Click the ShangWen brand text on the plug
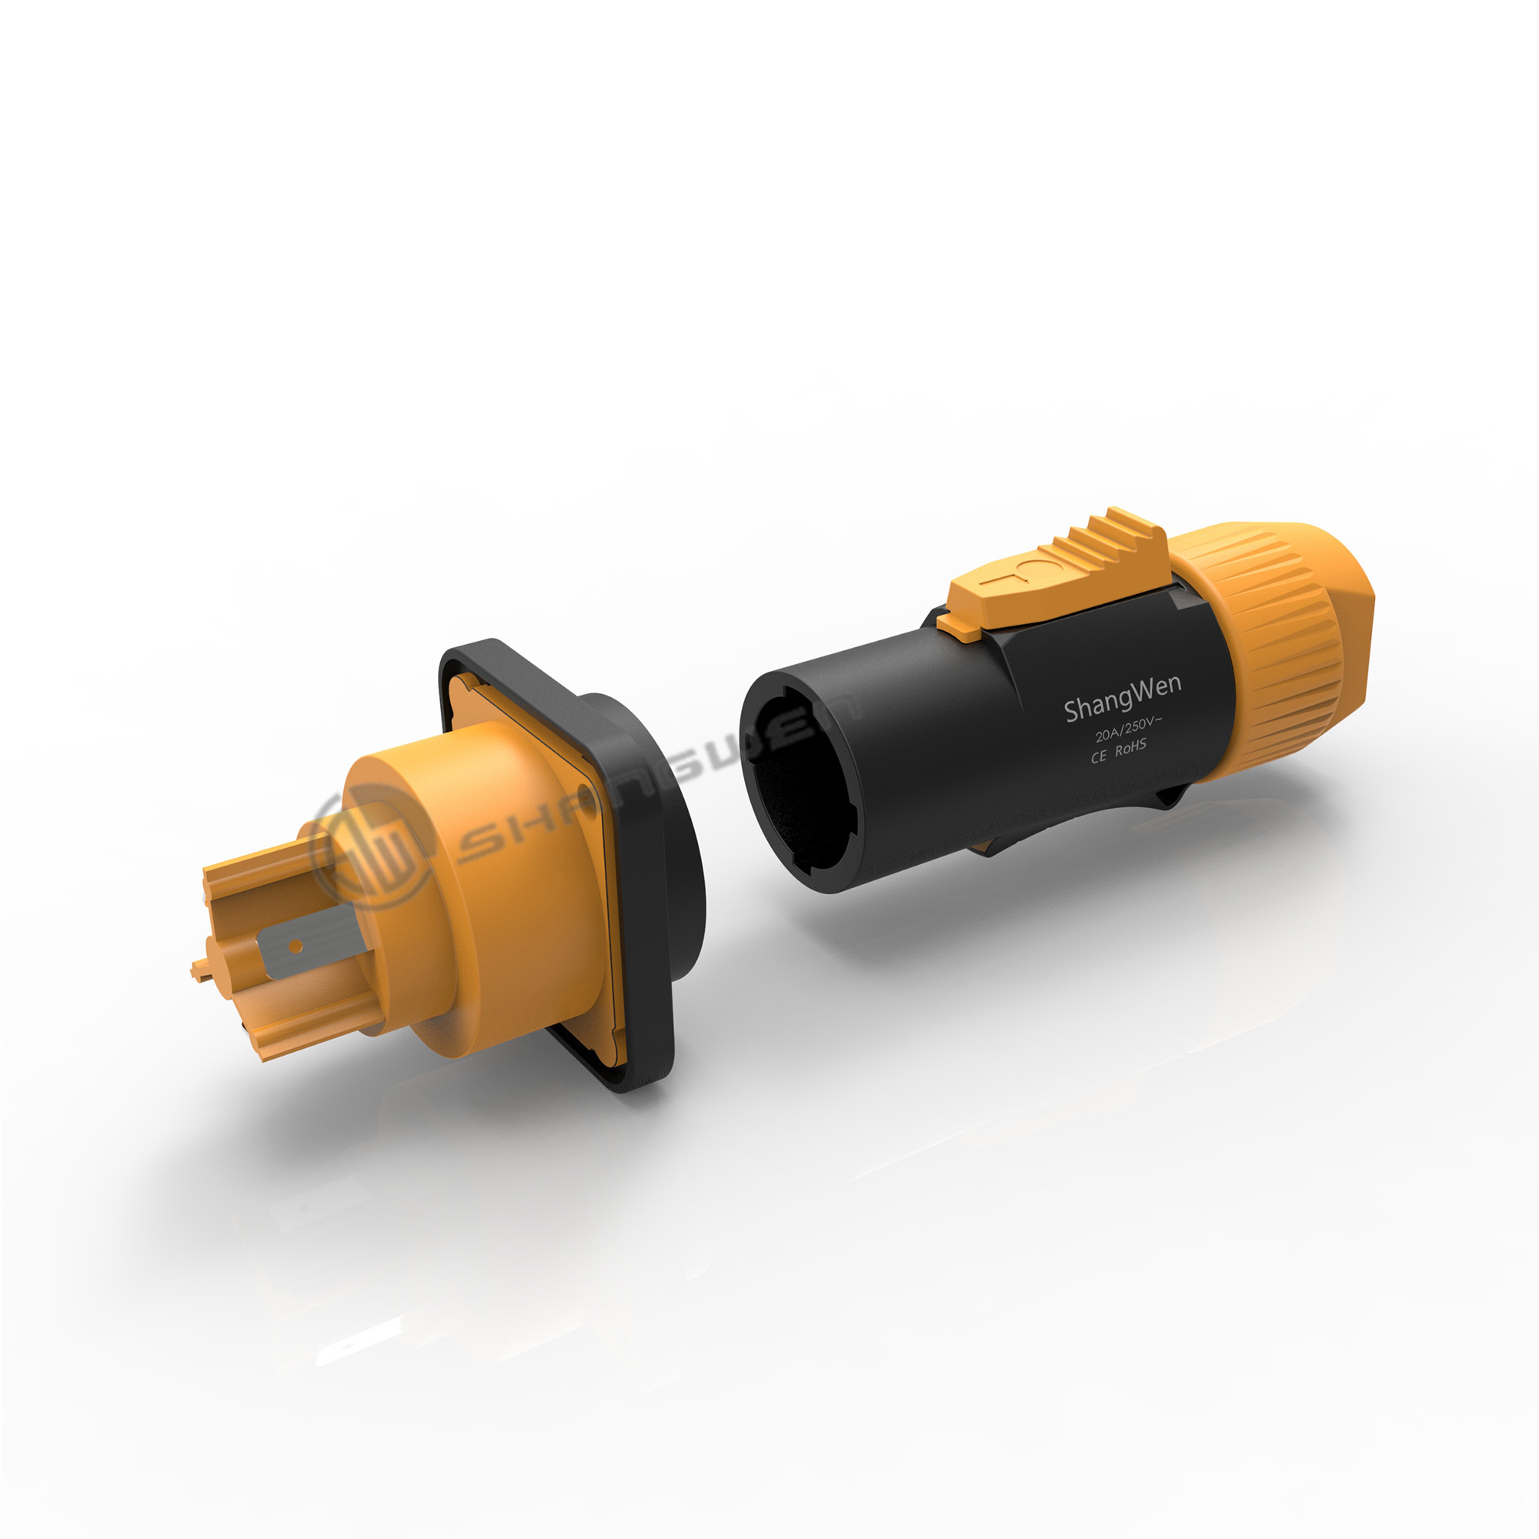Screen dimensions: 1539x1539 1123,699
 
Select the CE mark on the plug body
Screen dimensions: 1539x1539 1099,756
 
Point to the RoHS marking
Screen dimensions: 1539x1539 1130,748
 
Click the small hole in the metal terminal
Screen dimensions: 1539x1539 295,946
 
